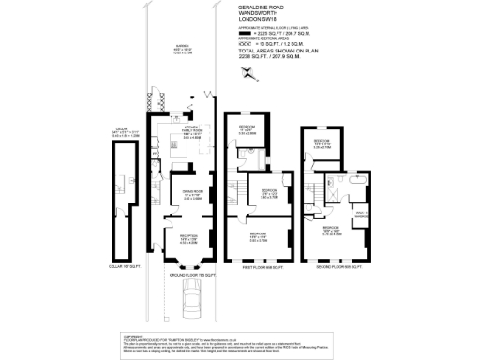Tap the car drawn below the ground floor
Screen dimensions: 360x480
[192, 300]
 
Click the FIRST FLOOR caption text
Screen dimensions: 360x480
[247, 266]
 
